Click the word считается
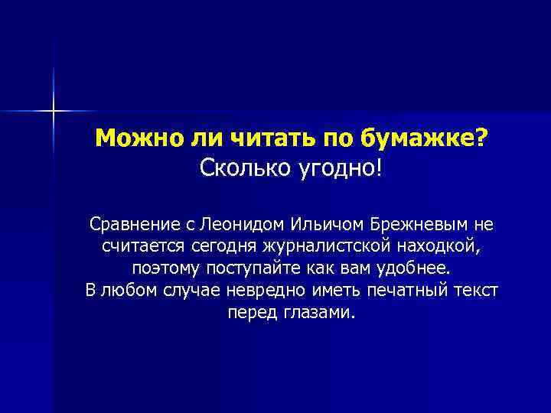pos(140,247)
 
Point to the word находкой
pos(442,247)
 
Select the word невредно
pos(276,291)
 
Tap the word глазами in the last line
pos(323,314)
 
